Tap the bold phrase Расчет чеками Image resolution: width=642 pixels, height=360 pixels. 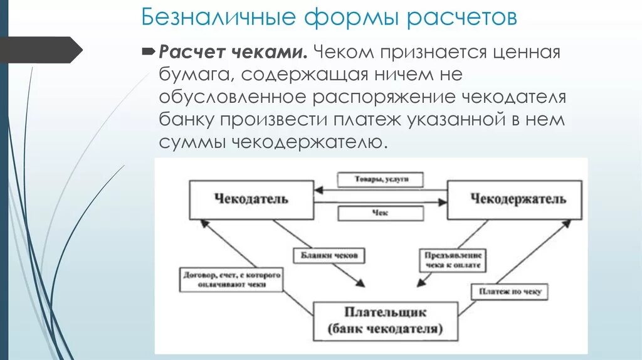[x=232, y=51]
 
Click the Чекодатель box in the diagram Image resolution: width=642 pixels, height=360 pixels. [x=251, y=199]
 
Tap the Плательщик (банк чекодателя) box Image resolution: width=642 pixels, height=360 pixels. [x=384, y=320]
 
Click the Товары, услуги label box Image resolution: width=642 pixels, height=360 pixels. [x=380, y=179]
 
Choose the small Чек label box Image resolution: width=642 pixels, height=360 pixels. [x=380, y=213]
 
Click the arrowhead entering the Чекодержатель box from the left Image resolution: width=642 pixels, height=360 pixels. [x=443, y=202]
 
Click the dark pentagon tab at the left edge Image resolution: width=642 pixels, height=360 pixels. [x=41, y=50]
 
